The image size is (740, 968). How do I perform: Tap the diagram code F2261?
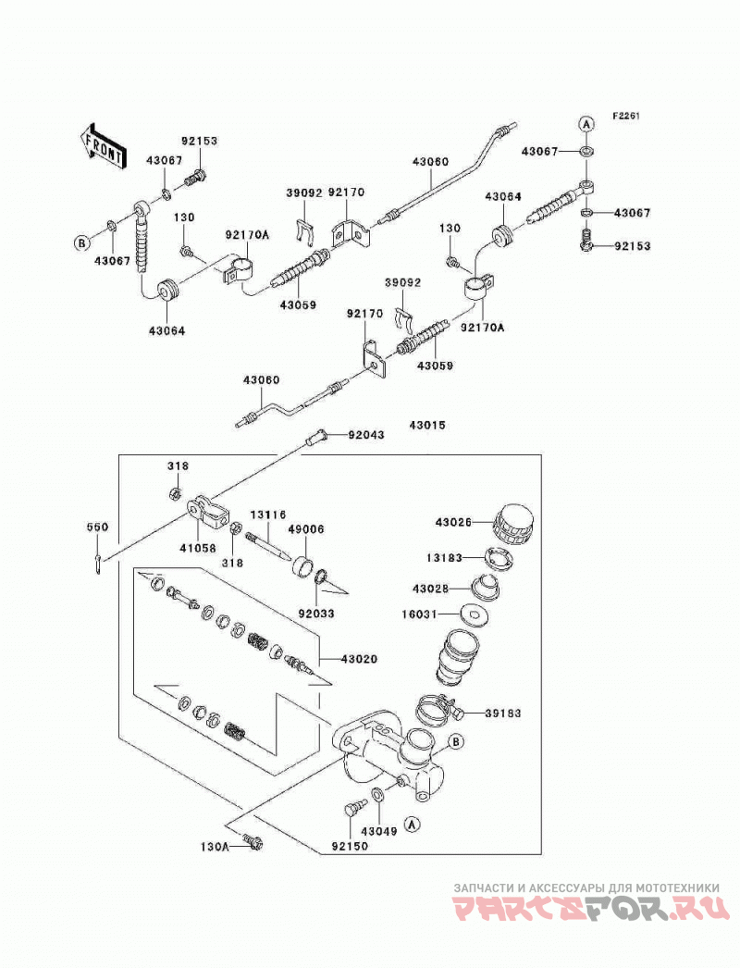(x=626, y=116)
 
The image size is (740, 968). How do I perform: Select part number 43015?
(x=427, y=426)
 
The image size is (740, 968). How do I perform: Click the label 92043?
(x=366, y=435)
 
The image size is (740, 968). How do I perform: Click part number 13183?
(x=444, y=557)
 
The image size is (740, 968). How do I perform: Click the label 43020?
(x=359, y=659)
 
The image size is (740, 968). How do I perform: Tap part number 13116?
(x=268, y=515)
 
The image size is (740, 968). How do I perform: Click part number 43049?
(x=379, y=832)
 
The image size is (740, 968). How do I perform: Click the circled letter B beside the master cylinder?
(x=455, y=742)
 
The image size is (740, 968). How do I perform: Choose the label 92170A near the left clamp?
(x=248, y=235)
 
